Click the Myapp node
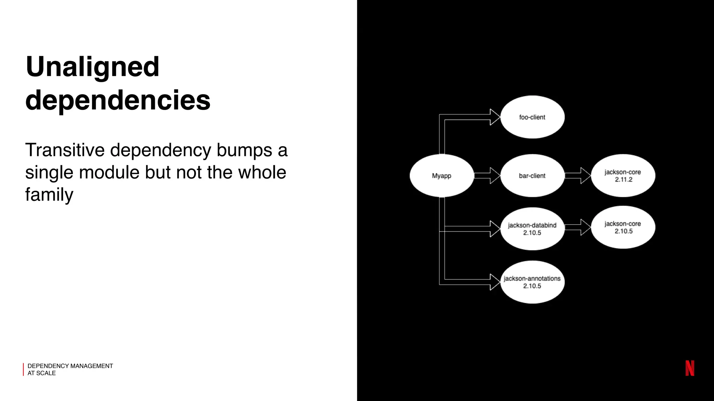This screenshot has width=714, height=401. pos(442,176)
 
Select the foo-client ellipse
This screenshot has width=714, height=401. pos(532,117)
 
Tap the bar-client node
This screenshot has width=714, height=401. pos(532,176)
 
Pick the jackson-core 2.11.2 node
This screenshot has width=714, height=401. pos(623,176)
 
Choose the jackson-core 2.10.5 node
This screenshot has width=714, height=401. pos(623,227)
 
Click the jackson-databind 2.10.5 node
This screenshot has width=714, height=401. pos(532,229)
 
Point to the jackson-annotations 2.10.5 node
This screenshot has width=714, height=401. pos(532,282)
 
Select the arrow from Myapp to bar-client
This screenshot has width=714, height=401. pos(487,176)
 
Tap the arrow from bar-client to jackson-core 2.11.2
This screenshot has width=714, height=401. pos(578,176)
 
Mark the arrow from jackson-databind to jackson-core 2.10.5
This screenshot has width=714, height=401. pos(578,227)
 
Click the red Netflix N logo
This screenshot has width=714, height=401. pos(690,368)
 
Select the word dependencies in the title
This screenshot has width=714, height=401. pos(118,100)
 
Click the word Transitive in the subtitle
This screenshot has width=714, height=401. pos(65,150)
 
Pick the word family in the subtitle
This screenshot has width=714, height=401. pos(49,194)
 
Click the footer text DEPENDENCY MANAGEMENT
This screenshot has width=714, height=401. pos(70,366)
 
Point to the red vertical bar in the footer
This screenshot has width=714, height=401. pos(23,369)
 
